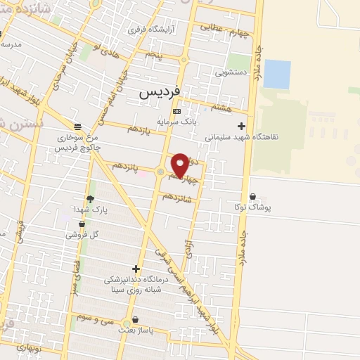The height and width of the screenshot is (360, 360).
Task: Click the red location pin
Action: click(180, 165)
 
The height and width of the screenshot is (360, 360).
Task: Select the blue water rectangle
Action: click(276, 75)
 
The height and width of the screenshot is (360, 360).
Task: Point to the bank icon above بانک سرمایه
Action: click(176, 111)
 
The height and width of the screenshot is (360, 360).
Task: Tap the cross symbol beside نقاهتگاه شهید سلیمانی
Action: click(242, 127)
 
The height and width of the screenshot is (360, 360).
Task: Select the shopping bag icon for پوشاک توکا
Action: click(253, 197)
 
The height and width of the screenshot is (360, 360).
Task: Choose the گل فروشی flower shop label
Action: click(82, 234)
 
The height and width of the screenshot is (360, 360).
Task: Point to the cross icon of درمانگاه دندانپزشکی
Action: click(136, 269)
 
